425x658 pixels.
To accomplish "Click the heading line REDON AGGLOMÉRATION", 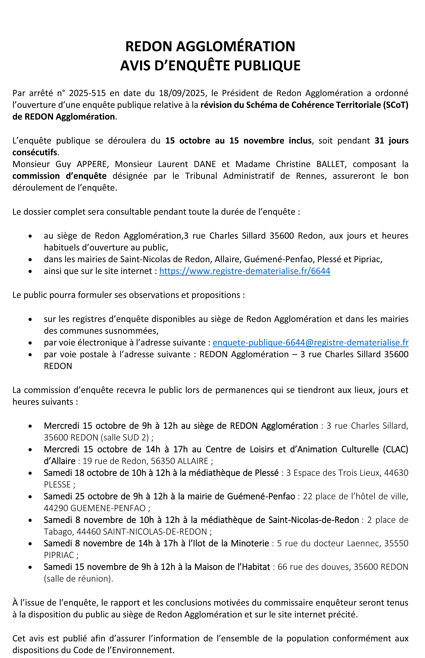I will [210, 46].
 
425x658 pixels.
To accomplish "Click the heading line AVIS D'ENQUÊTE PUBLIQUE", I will [210, 66].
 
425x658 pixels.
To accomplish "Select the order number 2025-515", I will [87, 93].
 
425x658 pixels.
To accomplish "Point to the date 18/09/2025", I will [182, 93].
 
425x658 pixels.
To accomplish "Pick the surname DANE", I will [205, 164].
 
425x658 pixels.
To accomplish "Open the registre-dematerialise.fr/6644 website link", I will [244, 271].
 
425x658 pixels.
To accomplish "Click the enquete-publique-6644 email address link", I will [311, 342].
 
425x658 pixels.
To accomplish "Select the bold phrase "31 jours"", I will [391, 141].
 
